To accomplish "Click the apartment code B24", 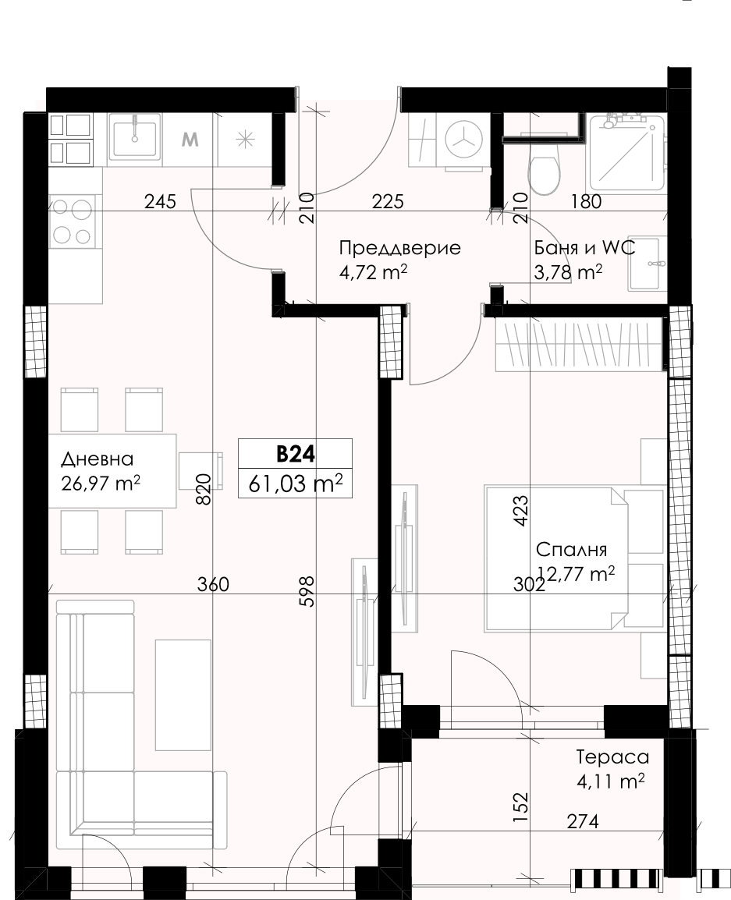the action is coord(295,454).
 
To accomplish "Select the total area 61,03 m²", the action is coord(295,484).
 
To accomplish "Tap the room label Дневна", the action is coord(97,459).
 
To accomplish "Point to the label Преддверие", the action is coord(399,248).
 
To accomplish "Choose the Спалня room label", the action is coord(571,549).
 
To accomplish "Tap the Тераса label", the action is coord(612,757).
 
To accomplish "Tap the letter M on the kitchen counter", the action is coord(190,139).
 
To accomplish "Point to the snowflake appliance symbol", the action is coord(245,140).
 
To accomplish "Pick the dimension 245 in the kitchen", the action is coord(160,201).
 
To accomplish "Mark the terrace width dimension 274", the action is coord(582,821).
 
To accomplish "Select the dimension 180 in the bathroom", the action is coord(587,201).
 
